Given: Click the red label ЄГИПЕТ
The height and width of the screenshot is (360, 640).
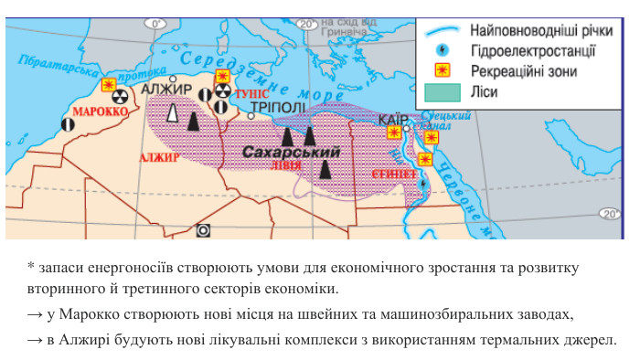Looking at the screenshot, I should [394, 174].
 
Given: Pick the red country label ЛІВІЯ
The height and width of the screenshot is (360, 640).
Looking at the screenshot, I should [285, 166].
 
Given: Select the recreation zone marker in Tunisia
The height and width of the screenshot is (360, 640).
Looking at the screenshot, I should [222, 77].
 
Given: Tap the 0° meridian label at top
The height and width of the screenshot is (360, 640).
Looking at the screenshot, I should [157, 23].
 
